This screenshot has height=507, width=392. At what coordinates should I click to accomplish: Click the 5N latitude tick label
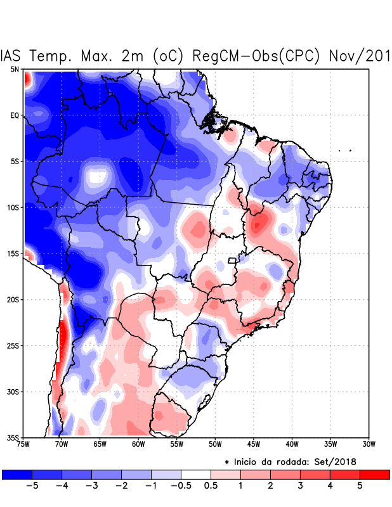[15, 69]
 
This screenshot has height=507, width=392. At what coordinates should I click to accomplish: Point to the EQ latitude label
[15, 115]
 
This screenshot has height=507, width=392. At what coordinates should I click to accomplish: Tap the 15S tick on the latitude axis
[13, 253]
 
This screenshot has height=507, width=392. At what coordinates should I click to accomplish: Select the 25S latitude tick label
[13, 345]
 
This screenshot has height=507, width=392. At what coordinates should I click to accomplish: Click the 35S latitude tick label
[13, 437]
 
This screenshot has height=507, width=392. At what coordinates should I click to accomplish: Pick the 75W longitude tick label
[24, 444]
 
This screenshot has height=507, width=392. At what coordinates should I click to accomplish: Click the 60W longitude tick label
[138, 444]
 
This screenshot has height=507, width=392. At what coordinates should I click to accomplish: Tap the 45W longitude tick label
[254, 444]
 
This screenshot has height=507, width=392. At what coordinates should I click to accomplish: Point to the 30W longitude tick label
[369, 444]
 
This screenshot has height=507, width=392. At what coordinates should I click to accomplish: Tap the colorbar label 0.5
[211, 485]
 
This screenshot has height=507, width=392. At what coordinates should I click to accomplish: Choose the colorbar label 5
[359, 485]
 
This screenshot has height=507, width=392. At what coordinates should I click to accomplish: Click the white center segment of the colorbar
[195, 474]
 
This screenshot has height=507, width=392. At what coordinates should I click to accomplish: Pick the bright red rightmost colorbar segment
[374, 474]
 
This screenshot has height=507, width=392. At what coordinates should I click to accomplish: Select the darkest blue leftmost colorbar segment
[17, 474]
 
